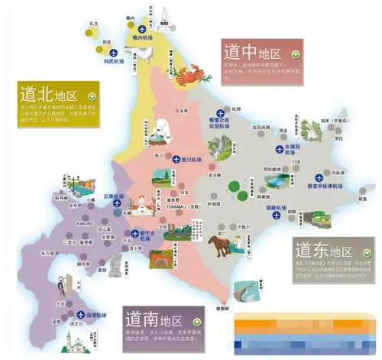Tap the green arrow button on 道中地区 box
click(294, 56)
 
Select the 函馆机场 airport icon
click(81, 315)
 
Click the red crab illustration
click(187, 75)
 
